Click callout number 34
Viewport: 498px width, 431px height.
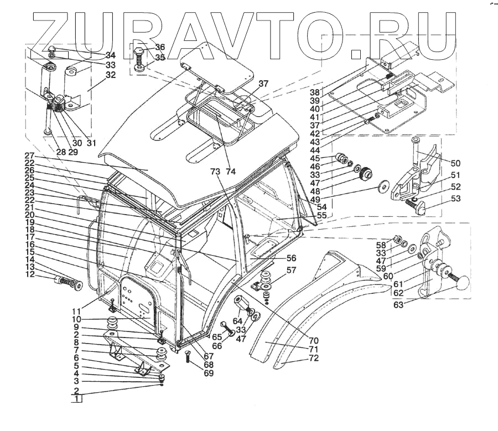[x=111, y=55]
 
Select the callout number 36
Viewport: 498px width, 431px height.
[x=160, y=47]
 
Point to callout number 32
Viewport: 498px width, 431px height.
[x=111, y=75]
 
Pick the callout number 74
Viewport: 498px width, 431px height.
[x=230, y=172]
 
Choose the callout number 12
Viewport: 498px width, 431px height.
[x=29, y=274]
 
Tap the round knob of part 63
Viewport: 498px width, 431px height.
[x=464, y=283]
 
